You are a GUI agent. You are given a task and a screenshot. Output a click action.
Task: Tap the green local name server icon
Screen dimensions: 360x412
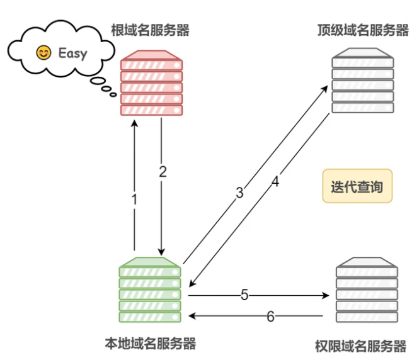click(x=150, y=289)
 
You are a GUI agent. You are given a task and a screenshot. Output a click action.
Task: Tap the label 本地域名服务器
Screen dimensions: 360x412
click(x=150, y=343)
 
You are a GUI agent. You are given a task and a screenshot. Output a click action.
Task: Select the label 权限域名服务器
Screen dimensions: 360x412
click(x=360, y=346)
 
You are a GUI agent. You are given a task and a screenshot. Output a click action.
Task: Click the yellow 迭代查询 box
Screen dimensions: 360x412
click(x=357, y=186)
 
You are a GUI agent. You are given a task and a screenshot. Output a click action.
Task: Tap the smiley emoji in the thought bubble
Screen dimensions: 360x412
click(x=43, y=52)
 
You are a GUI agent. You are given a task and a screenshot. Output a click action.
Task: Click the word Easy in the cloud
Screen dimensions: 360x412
click(x=72, y=52)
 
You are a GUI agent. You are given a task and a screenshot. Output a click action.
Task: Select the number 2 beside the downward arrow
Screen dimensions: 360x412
click(x=163, y=172)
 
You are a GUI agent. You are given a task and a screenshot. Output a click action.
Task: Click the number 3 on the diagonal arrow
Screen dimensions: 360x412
click(x=239, y=193)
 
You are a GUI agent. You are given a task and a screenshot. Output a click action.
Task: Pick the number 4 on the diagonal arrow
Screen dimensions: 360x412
click(x=275, y=183)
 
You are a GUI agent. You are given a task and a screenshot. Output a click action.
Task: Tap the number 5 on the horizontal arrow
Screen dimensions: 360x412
click(x=245, y=294)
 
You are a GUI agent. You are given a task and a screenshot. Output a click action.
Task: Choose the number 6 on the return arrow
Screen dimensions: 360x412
click(x=270, y=316)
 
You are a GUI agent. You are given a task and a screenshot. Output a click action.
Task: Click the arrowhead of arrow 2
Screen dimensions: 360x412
click(x=162, y=251)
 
